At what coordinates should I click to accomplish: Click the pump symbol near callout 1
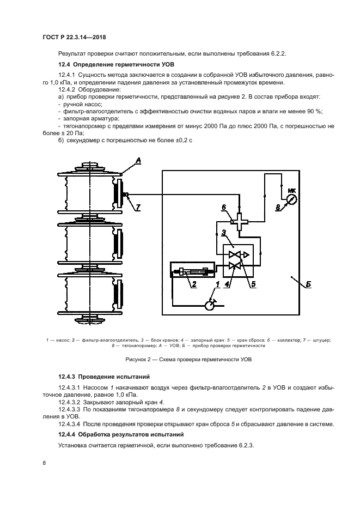click(x=210, y=305)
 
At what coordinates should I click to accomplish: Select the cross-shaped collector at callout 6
click(x=238, y=221)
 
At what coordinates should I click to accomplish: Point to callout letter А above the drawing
click(x=138, y=161)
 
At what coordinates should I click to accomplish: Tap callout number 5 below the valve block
click(x=253, y=283)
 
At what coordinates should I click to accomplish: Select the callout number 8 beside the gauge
click(x=277, y=207)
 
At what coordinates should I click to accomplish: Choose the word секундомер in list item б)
click(x=85, y=139)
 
